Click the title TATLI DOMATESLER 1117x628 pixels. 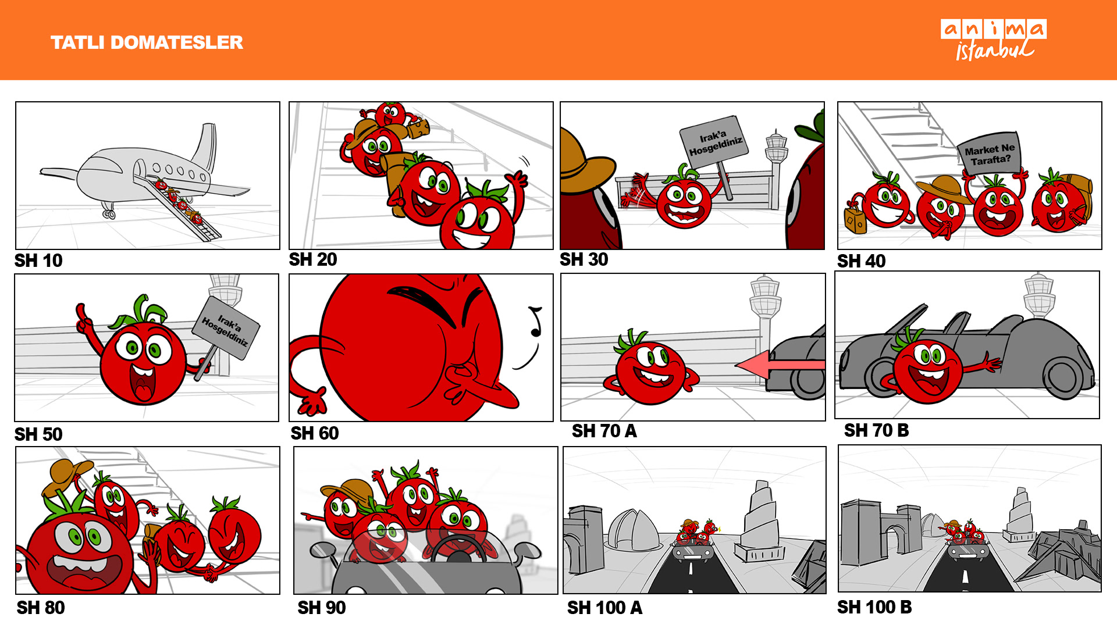pyautogui.click(x=147, y=42)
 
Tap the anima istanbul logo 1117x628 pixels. pyautogui.click(x=994, y=40)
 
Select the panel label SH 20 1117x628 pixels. pyautogui.click(x=313, y=259)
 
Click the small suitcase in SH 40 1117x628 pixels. pyautogui.click(x=855, y=220)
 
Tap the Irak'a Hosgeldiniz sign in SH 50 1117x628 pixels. pyautogui.click(x=226, y=329)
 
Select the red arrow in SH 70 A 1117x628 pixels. pyautogui.click(x=780, y=365)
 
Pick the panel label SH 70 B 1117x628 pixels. pyautogui.click(x=876, y=430)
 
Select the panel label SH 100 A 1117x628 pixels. pyautogui.click(x=604, y=608)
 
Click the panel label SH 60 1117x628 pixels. pyautogui.click(x=315, y=433)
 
